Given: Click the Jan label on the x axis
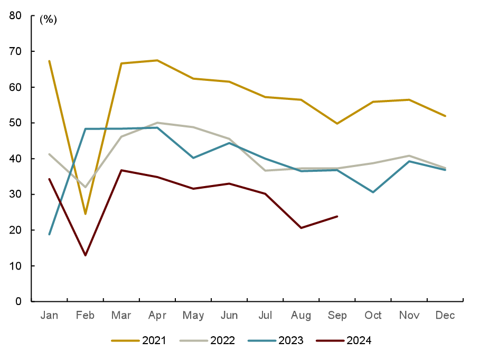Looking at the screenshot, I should (x=49, y=316).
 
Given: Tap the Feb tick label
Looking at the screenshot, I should (x=85, y=316).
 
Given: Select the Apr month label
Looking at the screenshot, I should (x=157, y=316).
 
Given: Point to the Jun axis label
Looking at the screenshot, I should (x=229, y=316).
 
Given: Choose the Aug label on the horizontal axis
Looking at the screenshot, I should (x=301, y=316).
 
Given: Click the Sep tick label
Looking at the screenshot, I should (x=337, y=316).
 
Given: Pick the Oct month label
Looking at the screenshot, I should (x=373, y=316).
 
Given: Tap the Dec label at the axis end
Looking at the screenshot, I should (x=445, y=316).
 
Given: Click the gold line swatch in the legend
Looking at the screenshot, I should (x=125, y=341).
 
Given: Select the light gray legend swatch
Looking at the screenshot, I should (x=194, y=341).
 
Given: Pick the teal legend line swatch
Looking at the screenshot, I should (x=262, y=341).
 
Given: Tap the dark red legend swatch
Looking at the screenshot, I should (x=330, y=341).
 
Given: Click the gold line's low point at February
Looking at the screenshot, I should (x=85, y=214).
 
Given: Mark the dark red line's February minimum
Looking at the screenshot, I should (x=85, y=255).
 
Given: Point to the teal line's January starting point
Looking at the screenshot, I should (x=49, y=234).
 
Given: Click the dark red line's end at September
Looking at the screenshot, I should (x=337, y=216).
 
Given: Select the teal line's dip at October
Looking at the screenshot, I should (x=373, y=192).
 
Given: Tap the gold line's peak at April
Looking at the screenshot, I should (x=157, y=60).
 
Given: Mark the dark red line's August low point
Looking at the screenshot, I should (x=301, y=228).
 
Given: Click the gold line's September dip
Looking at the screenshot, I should (x=337, y=124).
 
